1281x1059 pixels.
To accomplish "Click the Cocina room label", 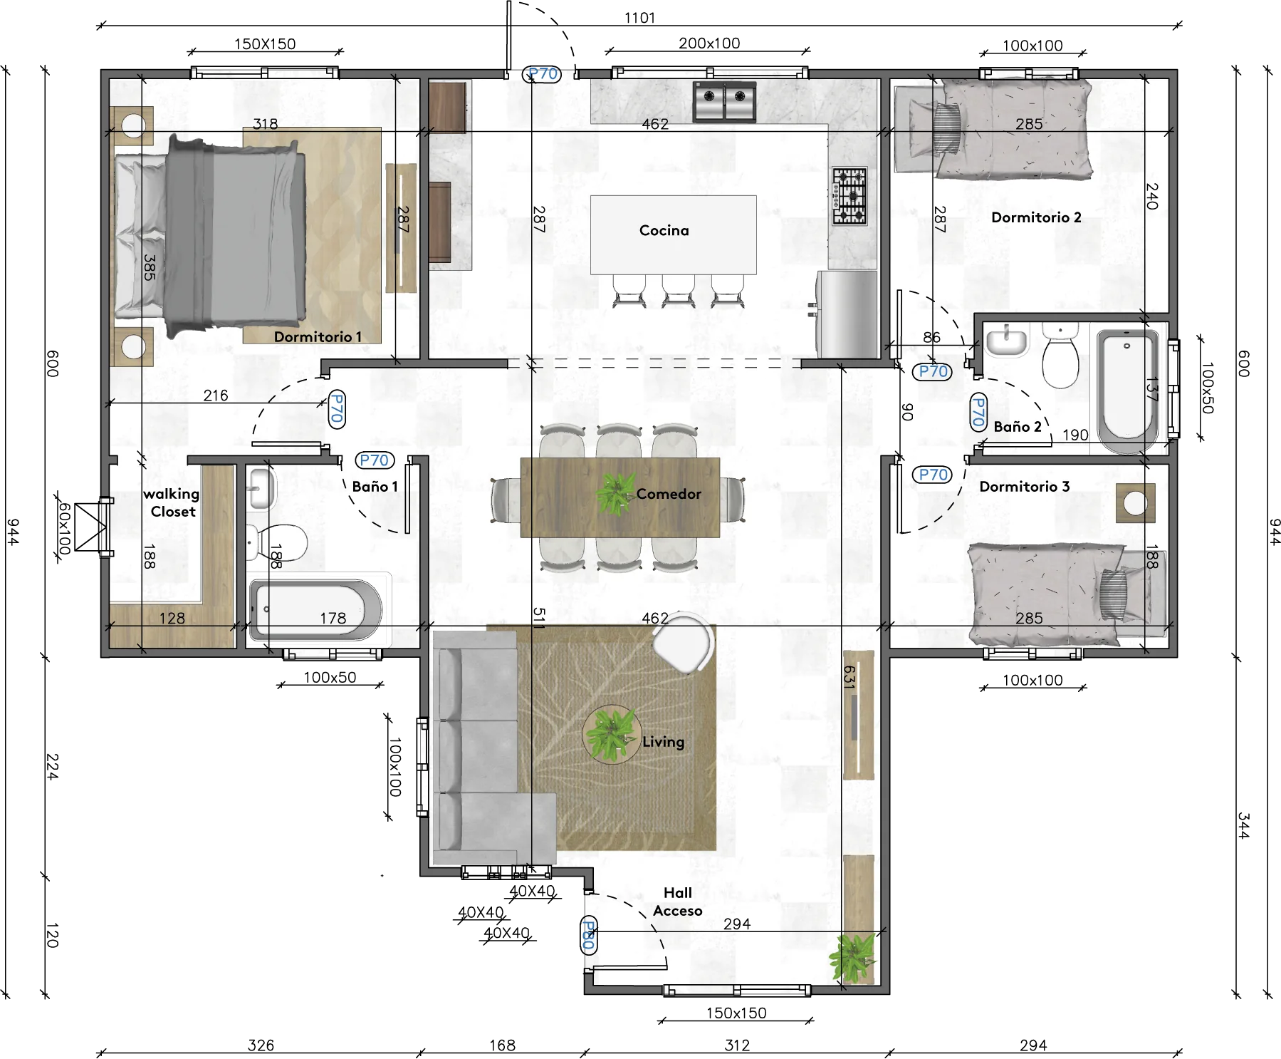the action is (x=664, y=230).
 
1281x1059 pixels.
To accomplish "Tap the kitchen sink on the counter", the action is (x=724, y=101).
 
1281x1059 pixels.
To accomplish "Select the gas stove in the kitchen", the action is (x=849, y=196).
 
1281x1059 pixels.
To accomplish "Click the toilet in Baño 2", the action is (x=1060, y=354).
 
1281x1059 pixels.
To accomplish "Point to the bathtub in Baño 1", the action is (x=315, y=610).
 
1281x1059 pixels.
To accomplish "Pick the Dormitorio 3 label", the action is (x=1024, y=487).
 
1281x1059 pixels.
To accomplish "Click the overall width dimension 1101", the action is (x=639, y=18).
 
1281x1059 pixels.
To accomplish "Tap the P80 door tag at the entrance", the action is (x=588, y=935).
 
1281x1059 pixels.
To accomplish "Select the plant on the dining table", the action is (x=615, y=493).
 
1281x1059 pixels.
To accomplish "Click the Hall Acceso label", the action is (x=677, y=902).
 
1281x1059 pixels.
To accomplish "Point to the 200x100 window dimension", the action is (x=709, y=43).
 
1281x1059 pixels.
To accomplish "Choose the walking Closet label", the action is (x=172, y=502).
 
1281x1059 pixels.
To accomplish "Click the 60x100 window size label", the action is (x=65, y=529).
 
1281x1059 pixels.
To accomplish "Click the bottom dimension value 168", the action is (x=502, y=1045).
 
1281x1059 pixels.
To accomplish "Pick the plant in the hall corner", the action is (x=852, y=957).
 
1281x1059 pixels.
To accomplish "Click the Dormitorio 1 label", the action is (x=318, y=336).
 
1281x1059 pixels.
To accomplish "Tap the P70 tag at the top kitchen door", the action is (x=543, y=73).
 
